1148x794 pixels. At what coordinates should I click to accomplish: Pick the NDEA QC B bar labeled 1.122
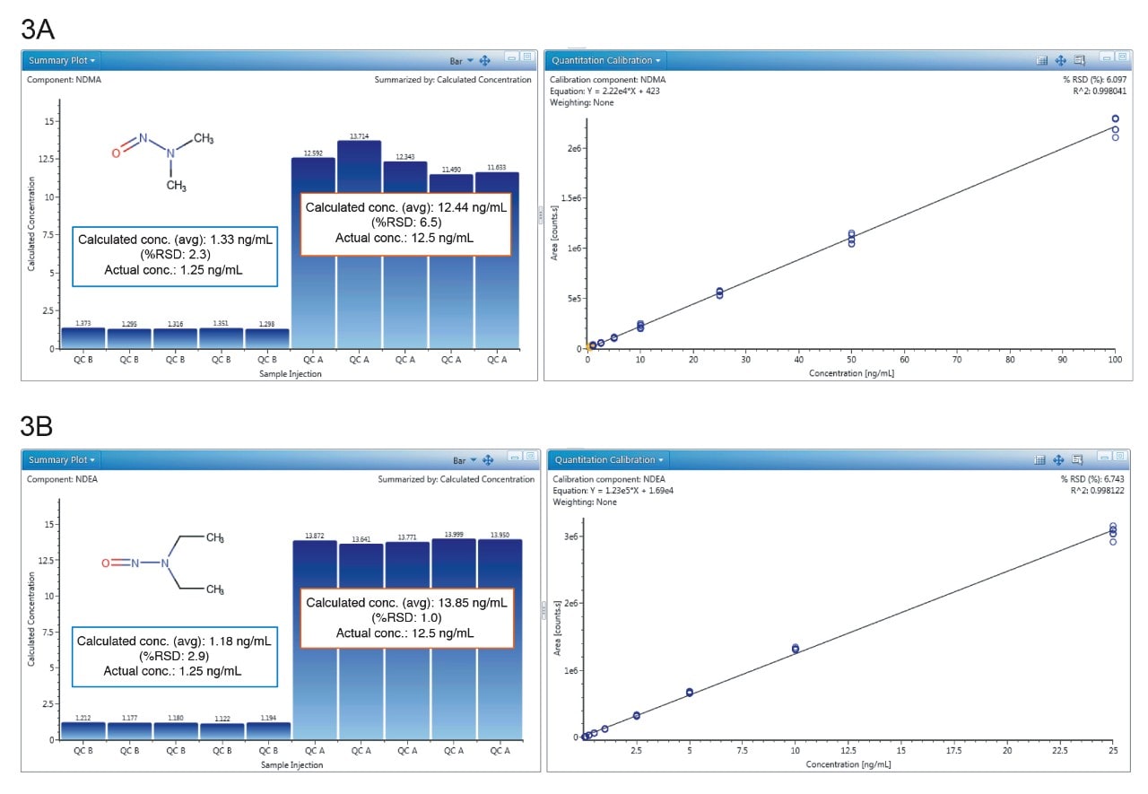tap(222, 730)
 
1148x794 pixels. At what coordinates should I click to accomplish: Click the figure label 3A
tap(38, 28)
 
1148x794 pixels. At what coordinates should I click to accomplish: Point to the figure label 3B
tap(38, 426)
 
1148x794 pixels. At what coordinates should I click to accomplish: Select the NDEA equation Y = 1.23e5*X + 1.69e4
tap(606, 491)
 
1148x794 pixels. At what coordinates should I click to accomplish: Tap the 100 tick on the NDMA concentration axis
tap(1115, 360)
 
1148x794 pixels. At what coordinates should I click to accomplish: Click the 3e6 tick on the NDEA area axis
tap(570, 537)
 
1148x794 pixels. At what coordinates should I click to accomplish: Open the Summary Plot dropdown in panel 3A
tap(61, 60)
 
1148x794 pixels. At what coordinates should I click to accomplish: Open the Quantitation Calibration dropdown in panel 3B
tap(607, 460)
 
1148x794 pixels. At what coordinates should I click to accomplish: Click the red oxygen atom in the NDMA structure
tap(116, 153)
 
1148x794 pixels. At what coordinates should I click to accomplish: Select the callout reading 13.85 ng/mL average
tap(406, 618)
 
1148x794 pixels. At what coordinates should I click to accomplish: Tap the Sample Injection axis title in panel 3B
tap(291, 765)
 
